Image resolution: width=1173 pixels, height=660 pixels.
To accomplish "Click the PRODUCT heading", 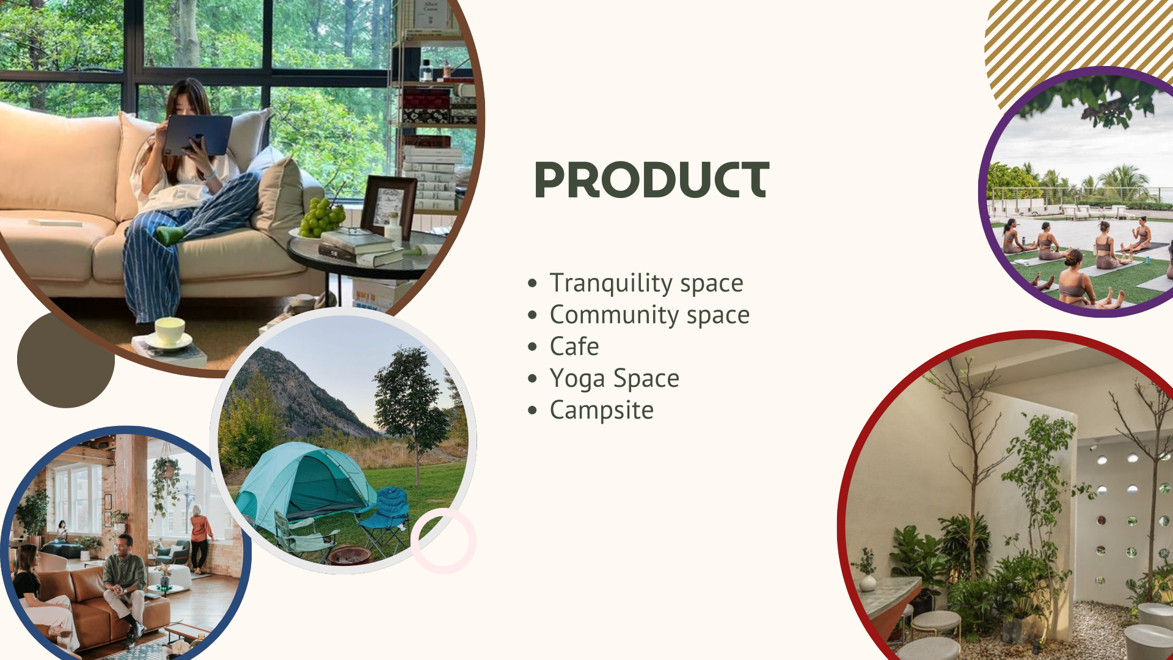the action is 652,180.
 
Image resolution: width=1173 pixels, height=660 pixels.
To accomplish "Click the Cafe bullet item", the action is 574,346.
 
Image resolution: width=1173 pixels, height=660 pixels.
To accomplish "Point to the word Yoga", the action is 577,379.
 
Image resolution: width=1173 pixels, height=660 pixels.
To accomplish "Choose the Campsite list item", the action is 602,411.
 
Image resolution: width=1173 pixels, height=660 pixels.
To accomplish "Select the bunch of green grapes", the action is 321,217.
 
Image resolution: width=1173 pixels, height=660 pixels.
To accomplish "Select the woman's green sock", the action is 170,234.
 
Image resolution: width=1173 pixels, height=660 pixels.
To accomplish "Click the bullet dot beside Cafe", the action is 533,347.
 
